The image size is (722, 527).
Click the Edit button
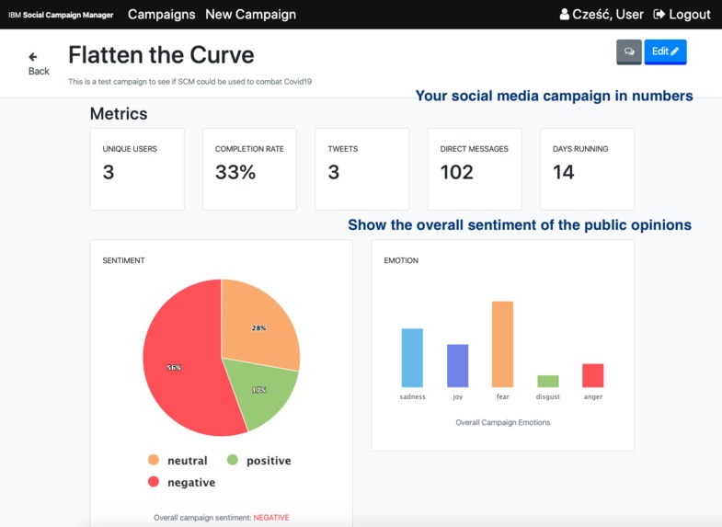[665, 52]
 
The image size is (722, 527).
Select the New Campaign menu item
[250, 14]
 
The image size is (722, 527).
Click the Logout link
[682, 14]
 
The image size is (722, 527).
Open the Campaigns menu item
[161, 14]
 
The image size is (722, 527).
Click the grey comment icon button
[629, 52]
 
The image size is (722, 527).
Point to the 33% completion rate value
[235, 172]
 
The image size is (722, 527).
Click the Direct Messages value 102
[457, 172]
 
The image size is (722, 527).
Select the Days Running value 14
[564, 172]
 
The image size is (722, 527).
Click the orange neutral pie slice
[259, 322]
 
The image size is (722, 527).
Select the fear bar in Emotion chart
[502, 344]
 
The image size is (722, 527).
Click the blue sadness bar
[412, 358]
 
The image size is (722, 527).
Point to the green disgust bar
[548, 381]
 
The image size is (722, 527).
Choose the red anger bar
[593, 375]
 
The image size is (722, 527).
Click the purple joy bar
[457, 365]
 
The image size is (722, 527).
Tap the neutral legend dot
[154, 460]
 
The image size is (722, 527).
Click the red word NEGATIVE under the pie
[271, 518]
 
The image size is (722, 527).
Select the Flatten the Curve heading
[161, 56]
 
